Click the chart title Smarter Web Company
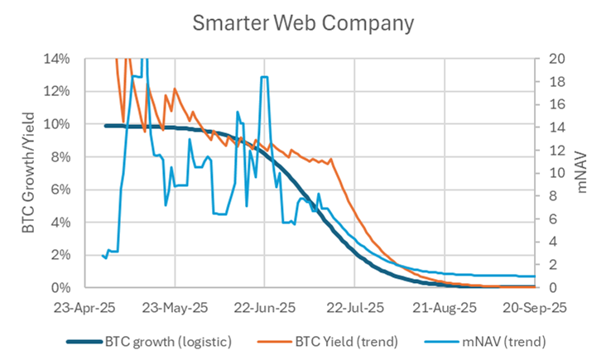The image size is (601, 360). [x=302, y=22]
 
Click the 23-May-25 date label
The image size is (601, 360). [x=176, y=307]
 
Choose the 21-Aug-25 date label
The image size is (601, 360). [x=444, y=307]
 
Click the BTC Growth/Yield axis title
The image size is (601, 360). [x=27, y=174]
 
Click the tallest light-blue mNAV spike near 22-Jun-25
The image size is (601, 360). [x=263, y=78]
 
